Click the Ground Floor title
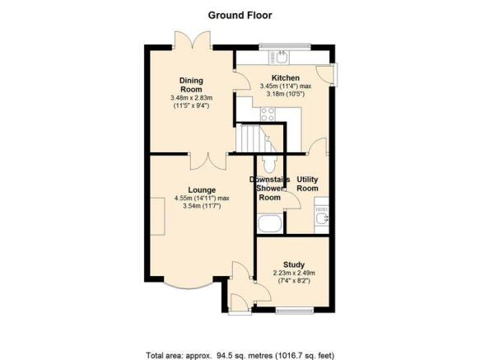pos(240,16)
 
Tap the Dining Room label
pos(191,85)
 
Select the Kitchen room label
pos(286,77)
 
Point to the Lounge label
pos(202,190)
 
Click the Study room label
pos(294,264)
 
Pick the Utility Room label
pos(307,184)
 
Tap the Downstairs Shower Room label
pos(270,189)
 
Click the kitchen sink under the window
pos(279,58)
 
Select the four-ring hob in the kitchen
pos(268,114)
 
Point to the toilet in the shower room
pos(270,164)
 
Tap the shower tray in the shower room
pos(270,224)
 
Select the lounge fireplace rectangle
pos(157,217)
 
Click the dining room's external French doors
pos(193,40)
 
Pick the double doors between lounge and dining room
pos(208,161)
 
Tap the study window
pos(295,311)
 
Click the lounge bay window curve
pos(189,287)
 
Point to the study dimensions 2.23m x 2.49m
pos(294,273)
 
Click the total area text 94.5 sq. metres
pos(245,356)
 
